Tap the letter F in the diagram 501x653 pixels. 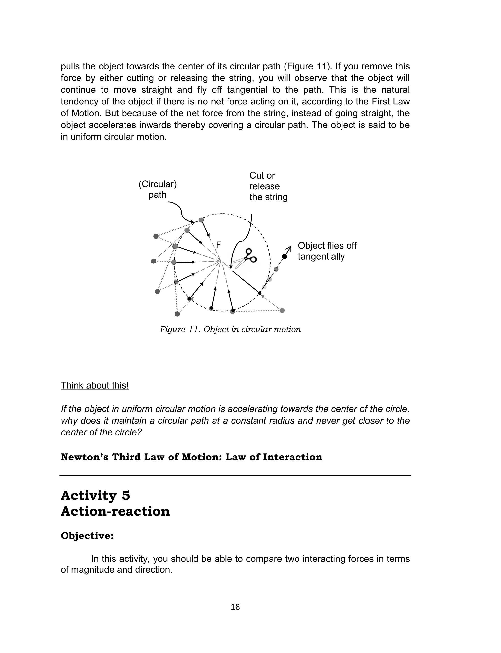[x=219, y=245]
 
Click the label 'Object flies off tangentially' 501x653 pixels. [x=327, y=251]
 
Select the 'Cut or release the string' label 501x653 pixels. [x=268, y=186]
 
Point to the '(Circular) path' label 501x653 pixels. [x=158, y=189]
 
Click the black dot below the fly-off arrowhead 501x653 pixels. [x=285, y=257]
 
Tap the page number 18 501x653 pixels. [x=235, y=607]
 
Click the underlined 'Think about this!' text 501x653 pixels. [x=95, y=385]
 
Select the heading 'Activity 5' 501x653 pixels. [x=95, y=496]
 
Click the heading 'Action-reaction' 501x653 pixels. [x=115, y=511]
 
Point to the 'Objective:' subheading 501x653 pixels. [x=87, y=536]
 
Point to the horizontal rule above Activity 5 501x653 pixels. [x=235, y=475]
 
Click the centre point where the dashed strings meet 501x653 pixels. [x=221, y=262]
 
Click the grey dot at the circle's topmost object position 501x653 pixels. [x=201, y=220]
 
